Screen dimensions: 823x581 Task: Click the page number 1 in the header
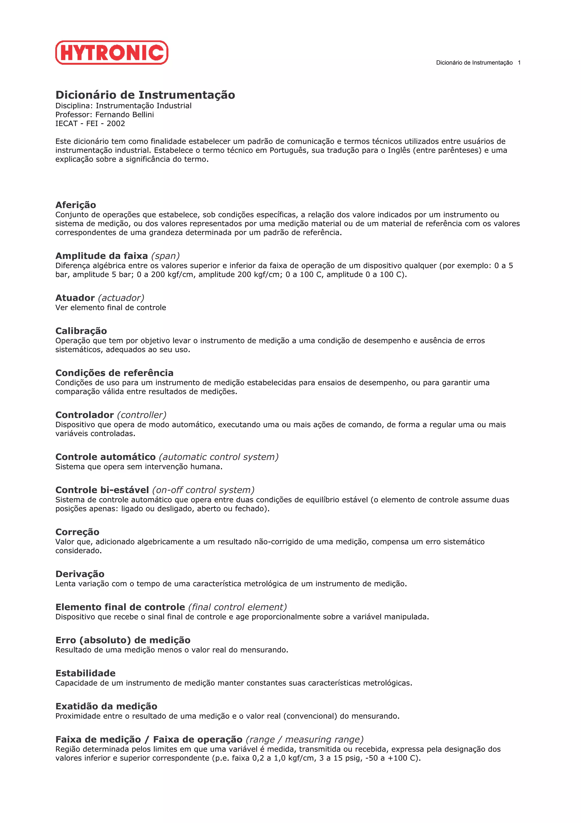(x=519, y=63)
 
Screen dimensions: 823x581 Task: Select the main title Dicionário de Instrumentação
(x=145, y=95)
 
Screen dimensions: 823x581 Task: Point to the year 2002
(x=116, y=124)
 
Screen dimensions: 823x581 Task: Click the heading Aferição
(x=75, y=205)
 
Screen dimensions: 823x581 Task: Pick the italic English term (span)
(x=165, y=256)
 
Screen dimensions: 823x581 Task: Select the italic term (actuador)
(x=121, y=298)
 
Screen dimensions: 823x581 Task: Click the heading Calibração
(x=81, y=331)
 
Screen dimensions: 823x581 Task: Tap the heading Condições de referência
(x=114, y=373)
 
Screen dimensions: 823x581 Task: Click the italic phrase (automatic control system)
(x=219, y=457)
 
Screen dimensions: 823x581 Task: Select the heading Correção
(x=77, y=532)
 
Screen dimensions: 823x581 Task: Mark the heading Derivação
(x=80, y=574)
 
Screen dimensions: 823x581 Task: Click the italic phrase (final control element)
(x=237, y=607)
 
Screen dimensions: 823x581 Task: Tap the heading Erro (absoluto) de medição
(x=123, y=640)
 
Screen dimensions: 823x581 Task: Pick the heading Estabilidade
(x=85, y=673)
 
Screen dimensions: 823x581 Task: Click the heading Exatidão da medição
(x=106, y=706)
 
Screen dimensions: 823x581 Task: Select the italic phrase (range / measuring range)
(x=305, y=740)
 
